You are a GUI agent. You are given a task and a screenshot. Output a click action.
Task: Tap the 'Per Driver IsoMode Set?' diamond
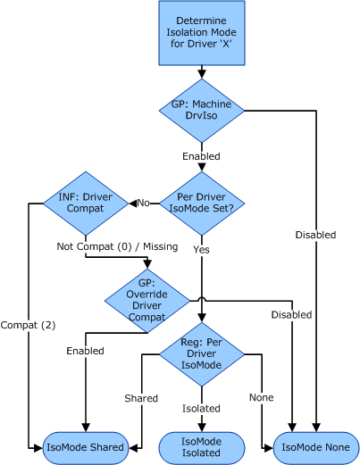click(x=201, y=203)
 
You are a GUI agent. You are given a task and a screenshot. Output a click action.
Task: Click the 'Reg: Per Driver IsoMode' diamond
click(x=201, y=353)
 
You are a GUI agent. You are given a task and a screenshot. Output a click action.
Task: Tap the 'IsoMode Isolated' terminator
click(x=201, y=446)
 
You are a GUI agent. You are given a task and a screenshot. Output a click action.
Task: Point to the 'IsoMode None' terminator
click(x=316, y=446)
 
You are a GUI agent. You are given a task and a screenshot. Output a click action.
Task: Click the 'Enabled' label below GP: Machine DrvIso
click(x=201, y=156)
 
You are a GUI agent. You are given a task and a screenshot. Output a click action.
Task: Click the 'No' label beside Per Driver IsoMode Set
click(x=142, y=203)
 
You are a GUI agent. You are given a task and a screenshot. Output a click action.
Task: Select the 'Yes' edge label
click(x=201, y=250)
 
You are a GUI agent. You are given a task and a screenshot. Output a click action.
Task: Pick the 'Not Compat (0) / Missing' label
click(x=117, y=245)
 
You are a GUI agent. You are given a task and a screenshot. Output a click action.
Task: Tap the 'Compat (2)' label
click(x=24, y=325)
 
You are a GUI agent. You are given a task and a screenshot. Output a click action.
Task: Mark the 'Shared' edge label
click(x=140, y=397)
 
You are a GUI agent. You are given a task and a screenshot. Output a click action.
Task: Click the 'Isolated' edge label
click(x=201, y=408)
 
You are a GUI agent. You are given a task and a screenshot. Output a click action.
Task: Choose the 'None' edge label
click(x=262, y=397)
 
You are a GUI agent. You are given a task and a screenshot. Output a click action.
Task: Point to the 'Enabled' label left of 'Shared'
click(x=85, y=351)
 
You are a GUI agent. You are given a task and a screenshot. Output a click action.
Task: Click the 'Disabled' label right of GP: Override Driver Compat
click(x=292, y=314)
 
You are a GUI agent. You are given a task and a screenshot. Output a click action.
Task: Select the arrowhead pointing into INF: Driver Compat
click(x=132, y=203)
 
